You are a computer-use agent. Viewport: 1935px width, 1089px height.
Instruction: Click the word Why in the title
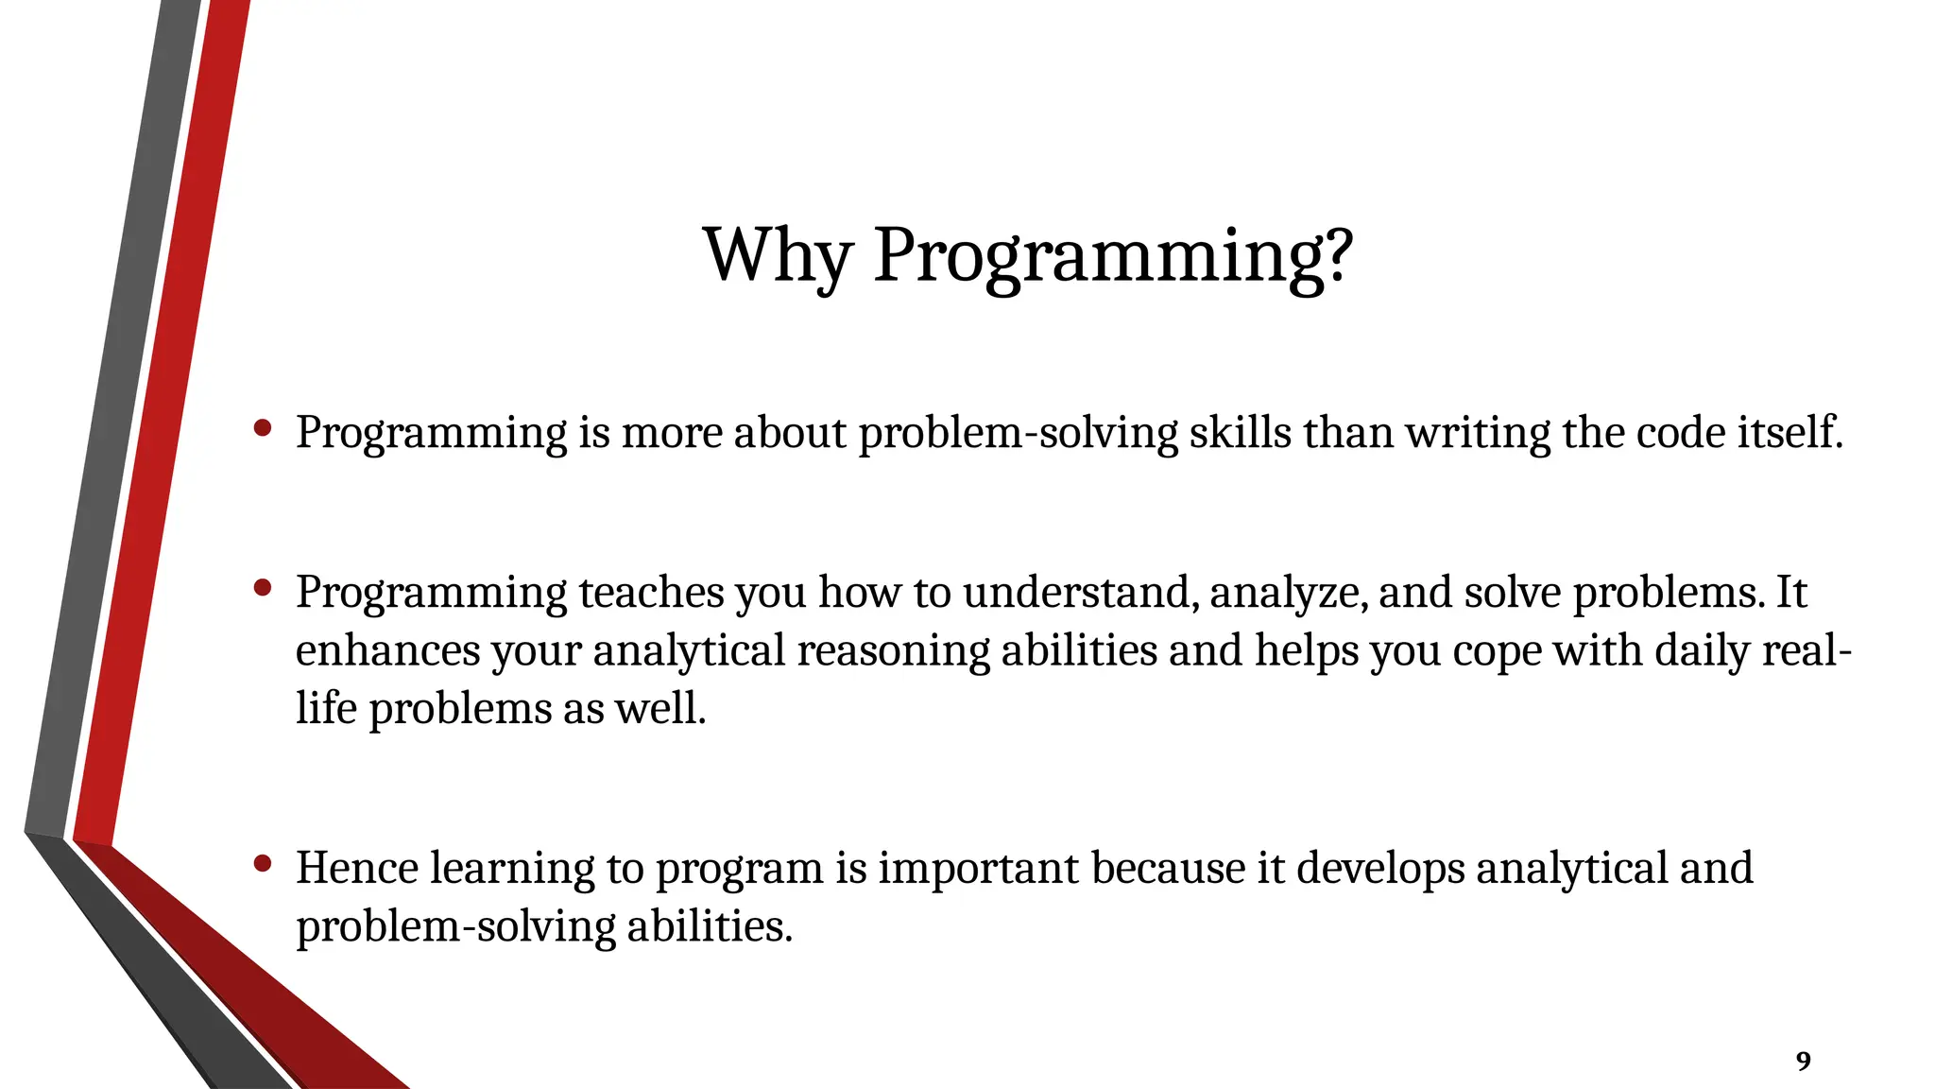pyautogui.click(x=777, y=255)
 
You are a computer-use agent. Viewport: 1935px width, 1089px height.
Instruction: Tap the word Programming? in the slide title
pyautogui.click(x=1113, y=255)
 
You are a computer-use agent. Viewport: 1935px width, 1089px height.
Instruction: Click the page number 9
pyautogui.click(x=1803, y=1062)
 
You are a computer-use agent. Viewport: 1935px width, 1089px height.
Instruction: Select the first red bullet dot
pyautogui.click(x=264, y=429)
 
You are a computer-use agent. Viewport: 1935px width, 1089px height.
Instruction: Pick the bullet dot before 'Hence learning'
pyautogui.click(x=264, y=863)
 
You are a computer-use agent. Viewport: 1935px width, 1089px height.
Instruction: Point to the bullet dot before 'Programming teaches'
pyautogui.click(x=264, y=589)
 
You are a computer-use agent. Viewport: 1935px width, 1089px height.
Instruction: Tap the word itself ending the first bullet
pyautogui.click(x=1789, y=433)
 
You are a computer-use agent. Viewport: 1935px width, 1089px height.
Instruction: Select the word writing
pyautogui.click(x=1478, y=433)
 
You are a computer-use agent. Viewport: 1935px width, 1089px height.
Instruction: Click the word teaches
pyautogui.click(x=651, y=593)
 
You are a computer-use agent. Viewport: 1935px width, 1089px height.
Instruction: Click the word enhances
pyautogui.click(x=387, y=651)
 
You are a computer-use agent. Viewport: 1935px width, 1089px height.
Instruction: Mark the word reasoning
pyautogui.click(x=893, y=651)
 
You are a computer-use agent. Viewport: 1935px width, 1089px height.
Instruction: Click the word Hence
pyautogui.click(x=357, y=868)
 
